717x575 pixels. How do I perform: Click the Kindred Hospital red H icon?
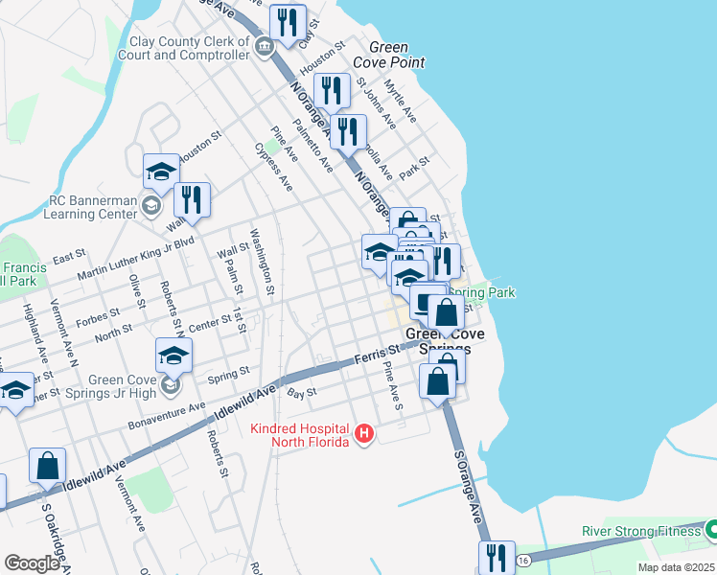point(363,434)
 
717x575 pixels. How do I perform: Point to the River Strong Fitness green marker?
point(710,530)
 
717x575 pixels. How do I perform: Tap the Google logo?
point(32,563)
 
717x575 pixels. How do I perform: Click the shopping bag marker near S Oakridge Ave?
point(47,466)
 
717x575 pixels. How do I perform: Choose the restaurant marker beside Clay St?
point(288,23)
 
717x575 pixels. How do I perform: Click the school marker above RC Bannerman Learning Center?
point(161,172)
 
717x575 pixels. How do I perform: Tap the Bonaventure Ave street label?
point(168,414)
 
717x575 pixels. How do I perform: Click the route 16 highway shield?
point(522,559)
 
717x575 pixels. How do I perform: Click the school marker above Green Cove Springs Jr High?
point(173,355)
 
